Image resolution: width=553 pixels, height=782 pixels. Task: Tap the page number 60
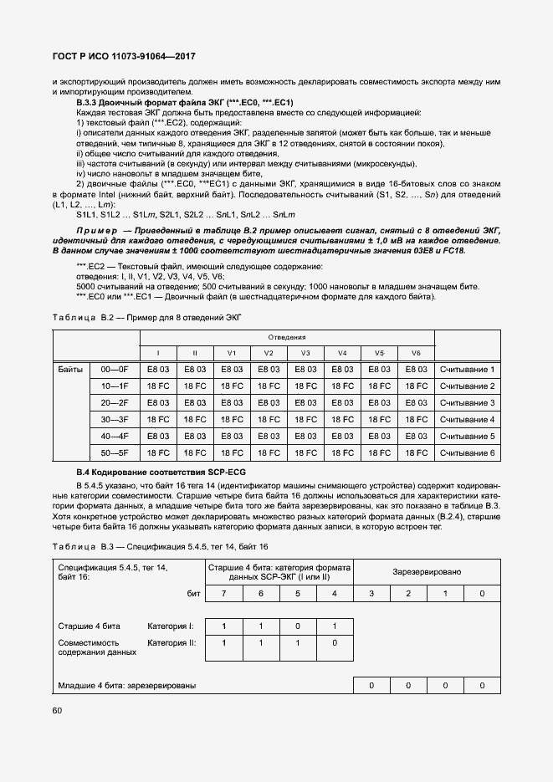(58, 710)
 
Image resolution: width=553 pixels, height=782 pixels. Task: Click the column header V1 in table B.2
(232, 353)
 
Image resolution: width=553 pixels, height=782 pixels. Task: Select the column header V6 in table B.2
(416, 353)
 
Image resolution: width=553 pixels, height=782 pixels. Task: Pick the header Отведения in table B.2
(286, 337)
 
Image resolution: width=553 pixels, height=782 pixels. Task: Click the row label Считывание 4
(467, 420)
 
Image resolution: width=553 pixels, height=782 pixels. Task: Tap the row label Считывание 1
(467, 370)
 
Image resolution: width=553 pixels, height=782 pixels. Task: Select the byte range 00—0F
(114, 370)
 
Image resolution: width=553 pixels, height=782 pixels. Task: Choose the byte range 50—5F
(114, 452)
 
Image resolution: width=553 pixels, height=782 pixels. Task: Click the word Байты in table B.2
(70, 370)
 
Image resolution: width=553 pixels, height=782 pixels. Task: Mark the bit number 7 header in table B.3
(223, 593)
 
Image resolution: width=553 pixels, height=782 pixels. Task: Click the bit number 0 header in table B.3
(482, 593)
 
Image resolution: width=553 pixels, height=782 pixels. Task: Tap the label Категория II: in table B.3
(171, 643)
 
